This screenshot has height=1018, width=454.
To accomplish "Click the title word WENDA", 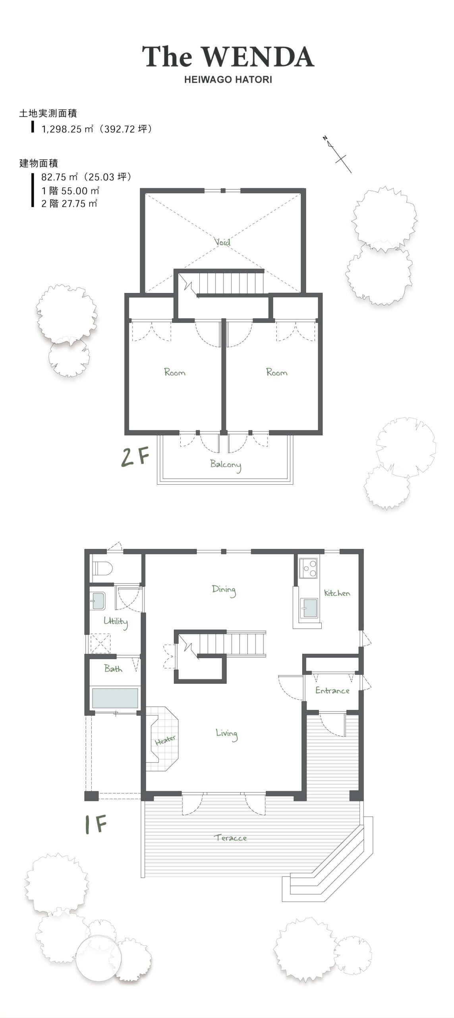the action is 261,57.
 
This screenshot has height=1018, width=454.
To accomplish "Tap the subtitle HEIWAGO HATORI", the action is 228,80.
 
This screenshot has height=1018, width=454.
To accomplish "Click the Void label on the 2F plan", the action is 222,241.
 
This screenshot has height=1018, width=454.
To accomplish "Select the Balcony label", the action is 226,465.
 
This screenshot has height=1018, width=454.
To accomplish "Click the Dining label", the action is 224,591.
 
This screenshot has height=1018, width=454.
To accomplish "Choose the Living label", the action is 227,734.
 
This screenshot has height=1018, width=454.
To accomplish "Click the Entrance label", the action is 332,691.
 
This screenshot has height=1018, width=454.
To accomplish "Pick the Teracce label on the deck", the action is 231,838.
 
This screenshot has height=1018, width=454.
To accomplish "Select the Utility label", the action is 116,622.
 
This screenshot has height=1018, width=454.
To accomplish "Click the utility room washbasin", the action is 97,601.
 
